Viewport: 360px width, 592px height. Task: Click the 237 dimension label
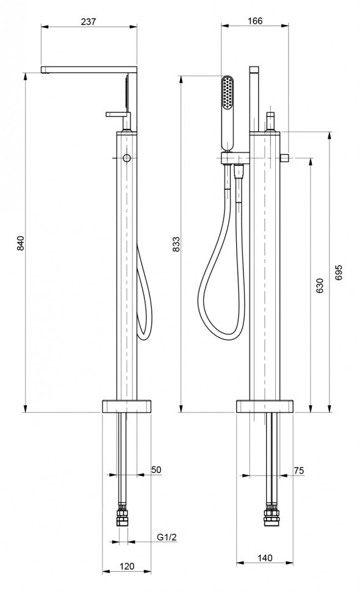coord(88,21)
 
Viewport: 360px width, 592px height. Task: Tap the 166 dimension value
coord(255,21)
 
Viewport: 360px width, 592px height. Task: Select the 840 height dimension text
coord(20,243)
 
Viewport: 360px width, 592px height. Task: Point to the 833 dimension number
coord(176,244)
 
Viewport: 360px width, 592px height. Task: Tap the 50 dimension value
coord(156,470)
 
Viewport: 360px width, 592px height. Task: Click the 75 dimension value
coord(298,471)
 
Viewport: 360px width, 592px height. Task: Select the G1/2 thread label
coord(167,537)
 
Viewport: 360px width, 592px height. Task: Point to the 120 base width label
coord(127,566)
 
